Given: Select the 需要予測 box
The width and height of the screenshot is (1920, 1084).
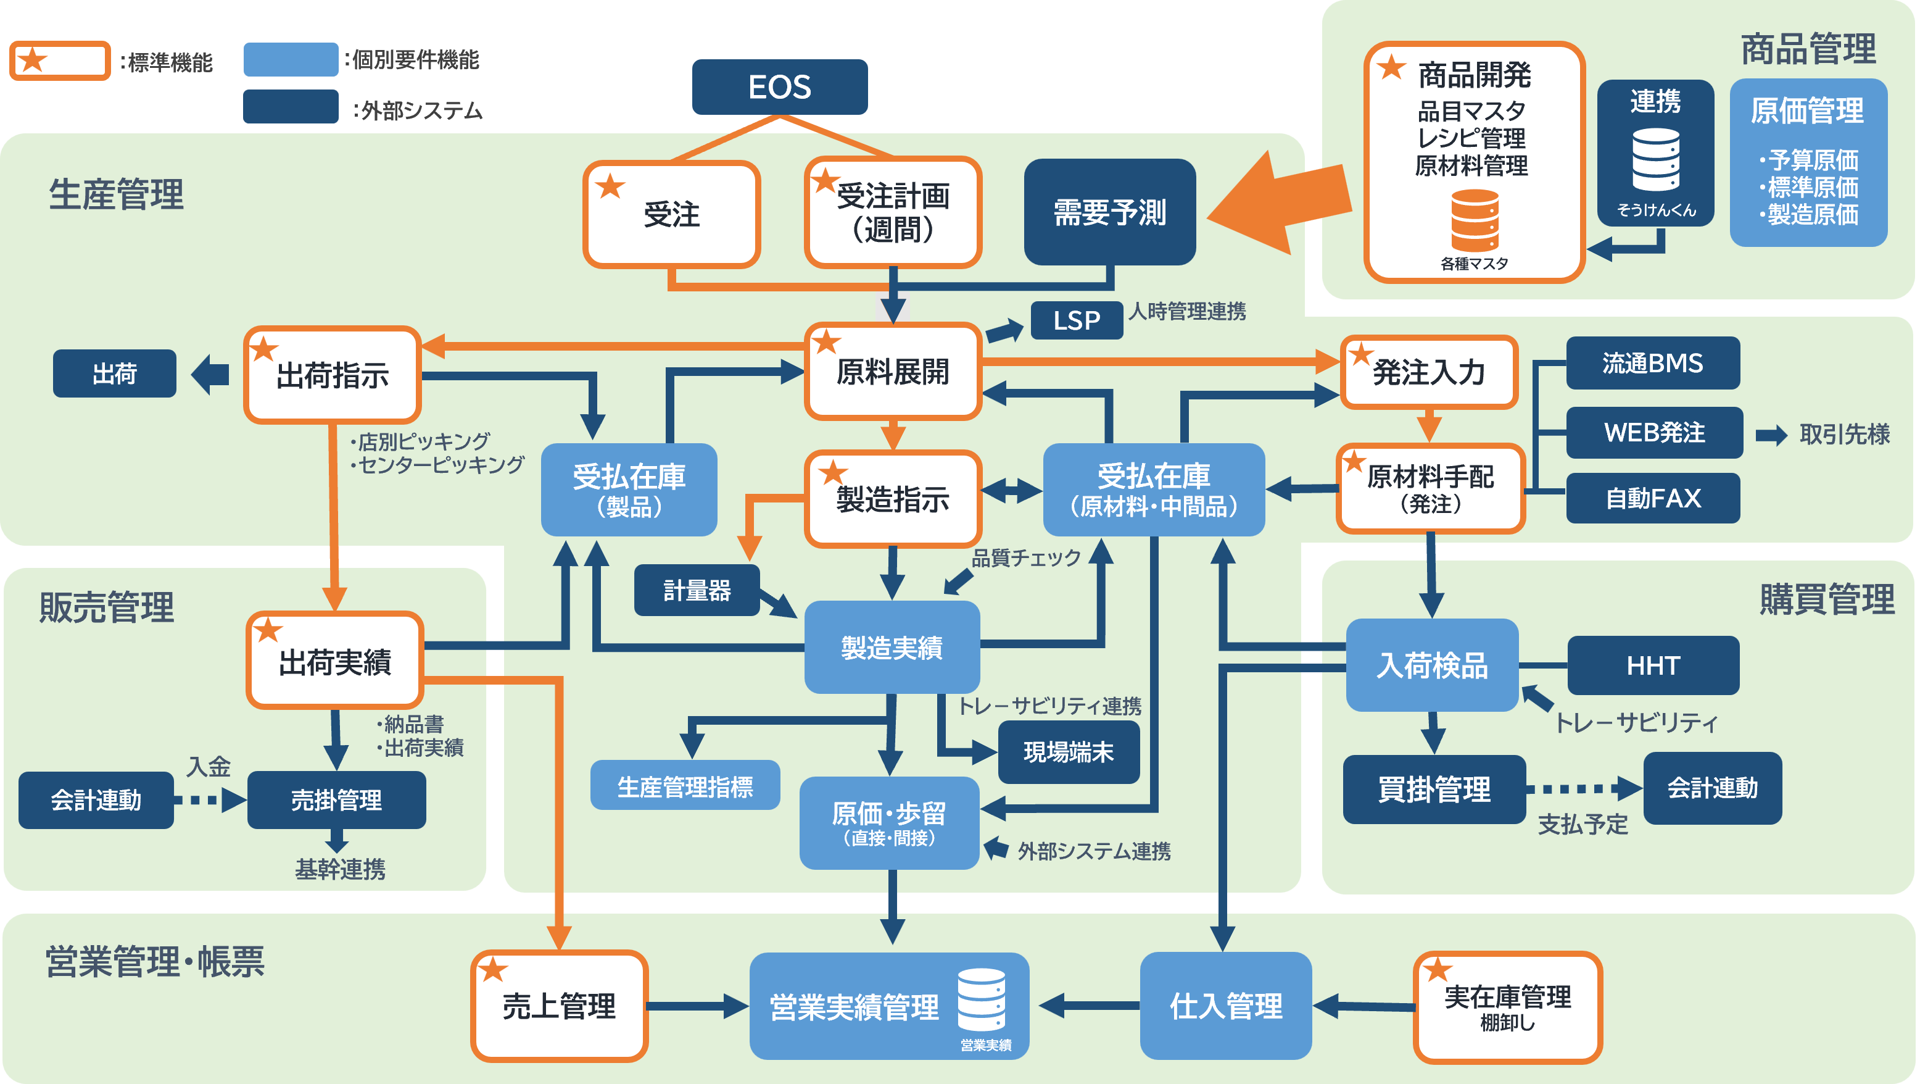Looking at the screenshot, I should (x=1109, y=212).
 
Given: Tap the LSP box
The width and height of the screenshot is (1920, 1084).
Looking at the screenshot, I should (x=1076, y=320).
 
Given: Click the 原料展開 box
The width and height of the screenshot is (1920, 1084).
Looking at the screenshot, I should (x=892, y=371).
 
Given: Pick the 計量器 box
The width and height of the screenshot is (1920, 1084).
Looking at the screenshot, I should (x=696, y=591).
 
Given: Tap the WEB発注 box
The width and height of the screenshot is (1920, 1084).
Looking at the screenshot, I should (x=1654, y=432).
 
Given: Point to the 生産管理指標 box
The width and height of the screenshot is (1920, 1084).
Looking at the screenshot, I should (x=684, y=786).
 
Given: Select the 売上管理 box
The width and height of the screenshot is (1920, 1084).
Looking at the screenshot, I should (x=559, y=1006).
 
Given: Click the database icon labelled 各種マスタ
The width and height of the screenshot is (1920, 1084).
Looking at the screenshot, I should (x=1475, y=220).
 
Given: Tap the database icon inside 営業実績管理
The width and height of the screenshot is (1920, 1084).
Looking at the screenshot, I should (x=981, y=999).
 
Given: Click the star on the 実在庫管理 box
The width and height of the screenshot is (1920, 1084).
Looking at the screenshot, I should (x=1438, y=970).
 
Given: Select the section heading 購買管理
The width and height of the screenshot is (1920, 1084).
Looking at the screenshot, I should (x=1826, y=599).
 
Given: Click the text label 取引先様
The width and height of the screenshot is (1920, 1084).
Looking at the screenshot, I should (x=1844, y=434).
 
